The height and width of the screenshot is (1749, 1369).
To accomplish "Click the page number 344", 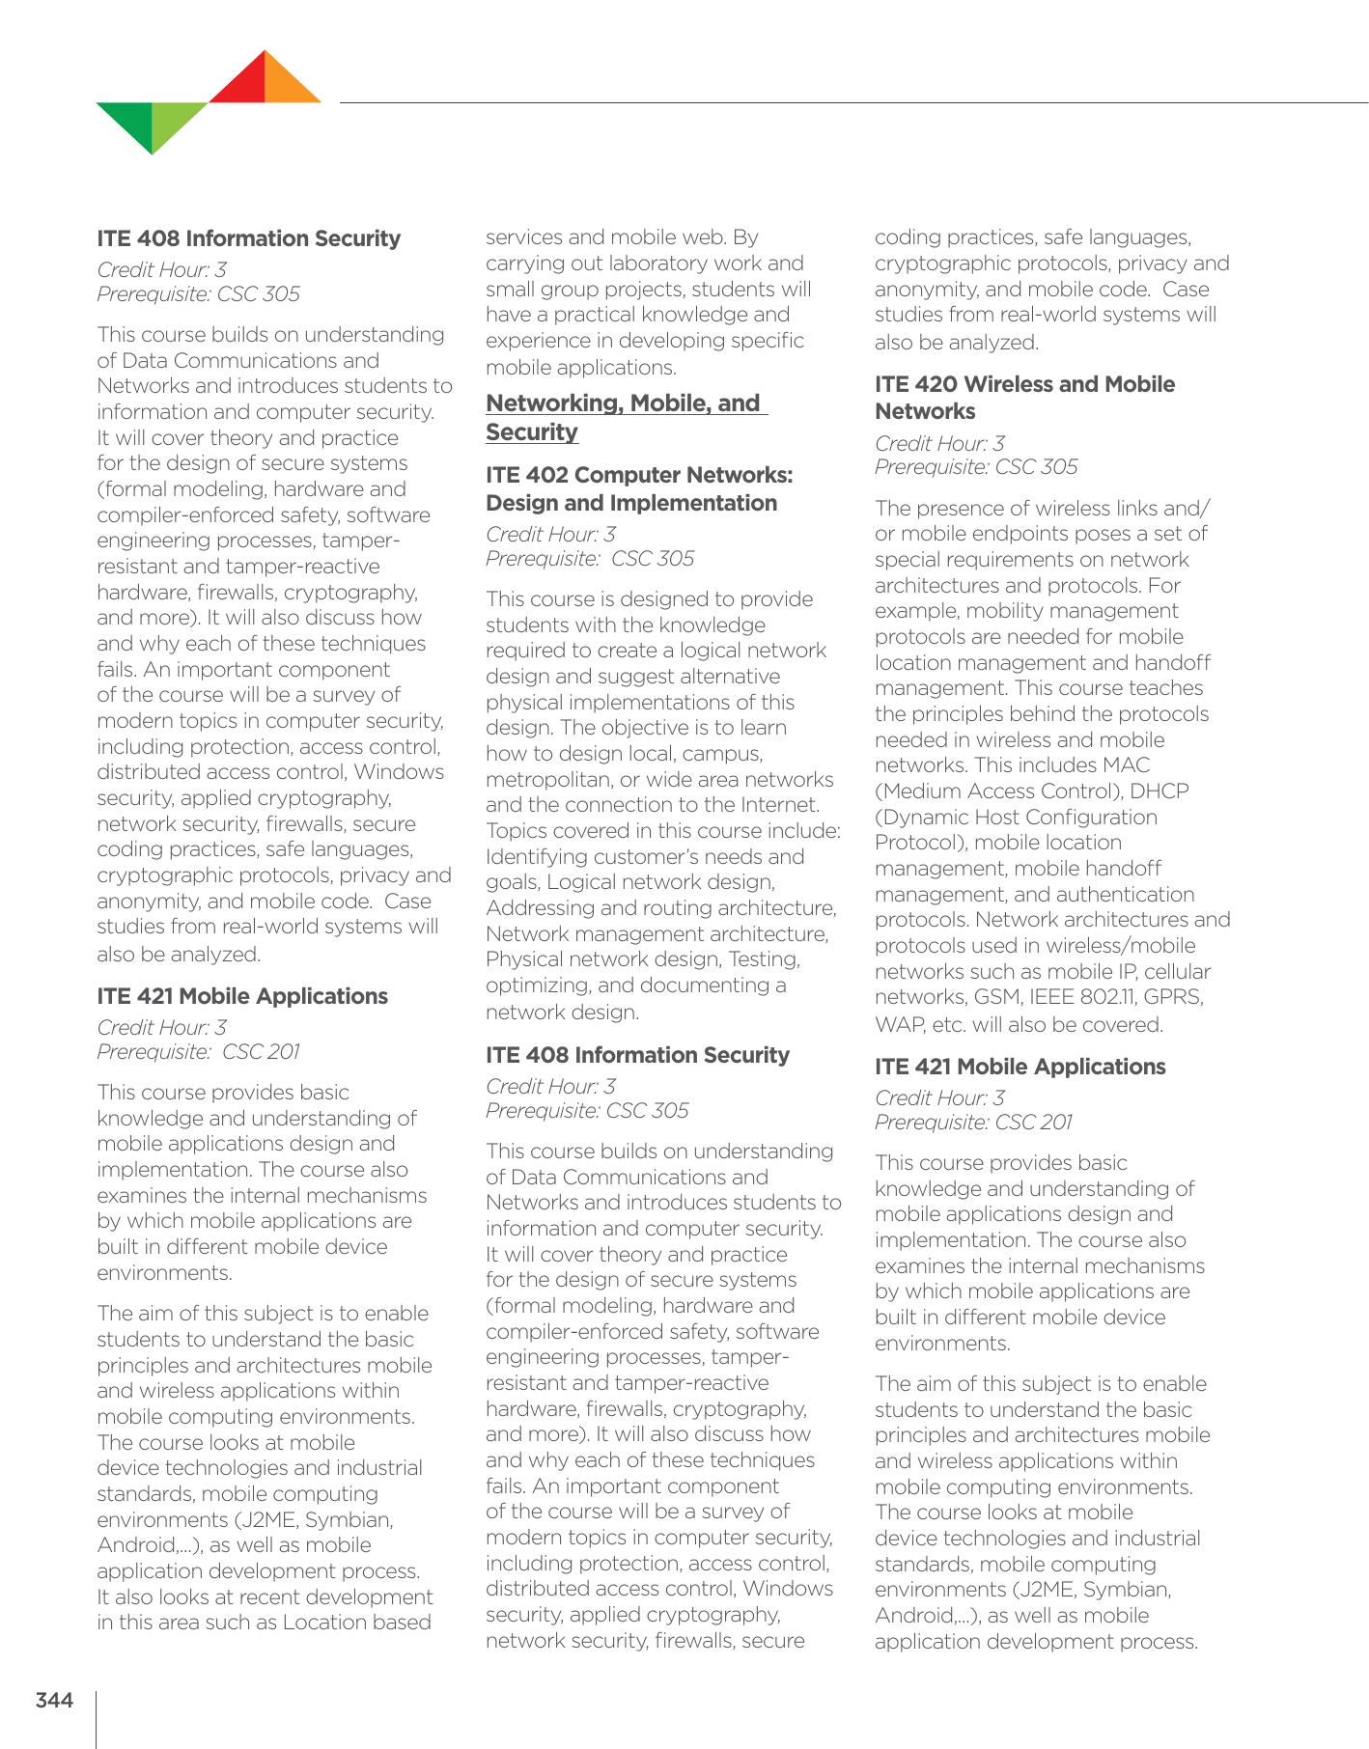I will tap(54, 1700).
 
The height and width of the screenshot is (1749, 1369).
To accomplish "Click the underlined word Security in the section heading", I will tap(532, 432).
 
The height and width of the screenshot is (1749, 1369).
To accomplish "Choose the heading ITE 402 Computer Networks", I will tap(639, 475).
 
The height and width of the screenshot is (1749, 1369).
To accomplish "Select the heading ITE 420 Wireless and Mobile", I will tap(1024, 384).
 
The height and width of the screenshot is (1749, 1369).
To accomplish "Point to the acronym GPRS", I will tap(1172, 997).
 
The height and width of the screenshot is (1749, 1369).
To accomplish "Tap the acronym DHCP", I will tap(1159, 791).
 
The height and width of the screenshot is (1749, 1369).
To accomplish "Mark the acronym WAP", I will tap(898, 1025).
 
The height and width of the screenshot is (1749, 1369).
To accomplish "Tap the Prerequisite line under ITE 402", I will tap(590, 559).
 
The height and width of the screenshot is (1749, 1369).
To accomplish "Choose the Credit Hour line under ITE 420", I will tap(939, 443).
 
